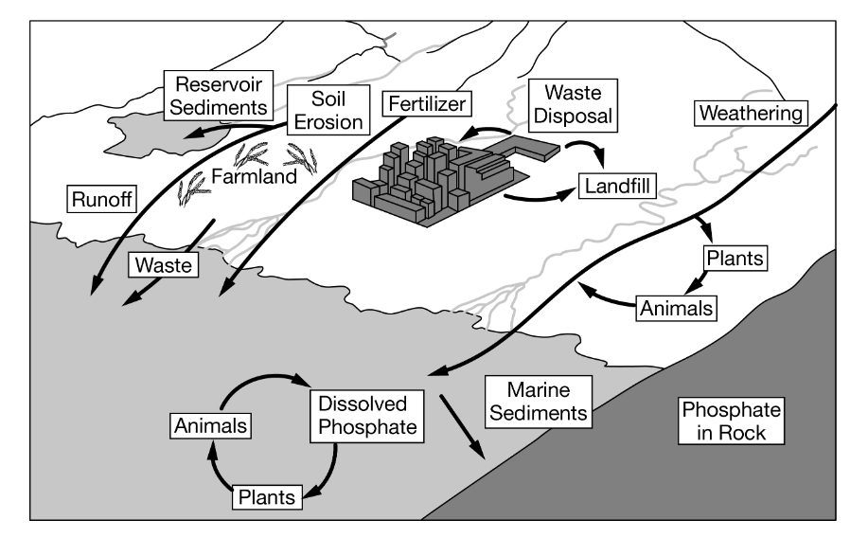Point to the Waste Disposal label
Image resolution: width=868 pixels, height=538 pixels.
coord(571,105)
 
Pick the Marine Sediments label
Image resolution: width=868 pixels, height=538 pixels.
coord(536,401)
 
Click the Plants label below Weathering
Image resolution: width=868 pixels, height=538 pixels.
coord(734,257)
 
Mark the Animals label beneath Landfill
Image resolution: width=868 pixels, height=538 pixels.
coord(676,307)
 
